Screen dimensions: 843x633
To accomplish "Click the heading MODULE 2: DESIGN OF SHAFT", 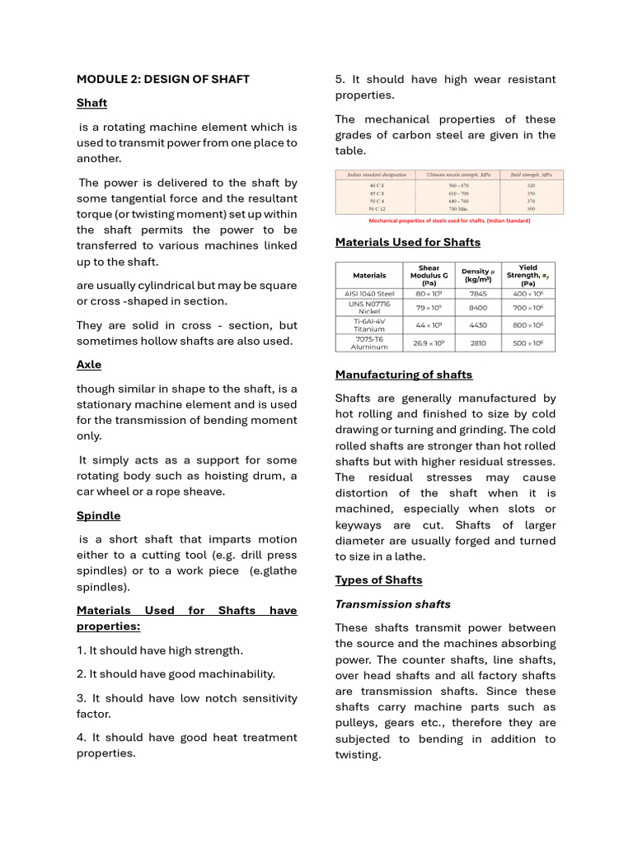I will pos(162,79).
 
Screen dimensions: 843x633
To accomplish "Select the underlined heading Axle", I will pos(89,365).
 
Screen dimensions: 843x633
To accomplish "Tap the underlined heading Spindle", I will pos(98,515).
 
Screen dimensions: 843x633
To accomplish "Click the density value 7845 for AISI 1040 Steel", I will pos(478,293).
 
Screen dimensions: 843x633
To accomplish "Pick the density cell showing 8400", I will pos(478,307).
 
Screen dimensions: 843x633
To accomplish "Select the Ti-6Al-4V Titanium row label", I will pos(369,325).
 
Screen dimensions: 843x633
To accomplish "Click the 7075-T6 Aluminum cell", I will pos(369,342).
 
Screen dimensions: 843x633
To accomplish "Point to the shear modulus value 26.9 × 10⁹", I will pos(429,342).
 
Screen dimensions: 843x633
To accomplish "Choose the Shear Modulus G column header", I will pos(429,274).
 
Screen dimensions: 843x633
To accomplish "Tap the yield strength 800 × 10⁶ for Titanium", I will pos(528,325).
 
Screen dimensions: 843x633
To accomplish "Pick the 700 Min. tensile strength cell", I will pos(458,209).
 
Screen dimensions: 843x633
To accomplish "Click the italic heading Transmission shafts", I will pos(392,604).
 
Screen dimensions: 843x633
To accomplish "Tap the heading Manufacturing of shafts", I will pos(404,375).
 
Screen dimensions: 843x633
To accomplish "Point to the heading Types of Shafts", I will pos(378,580).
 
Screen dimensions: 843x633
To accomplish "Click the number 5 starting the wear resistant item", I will pos(339,79).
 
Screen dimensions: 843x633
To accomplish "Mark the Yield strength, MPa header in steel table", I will pos(532,175).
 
